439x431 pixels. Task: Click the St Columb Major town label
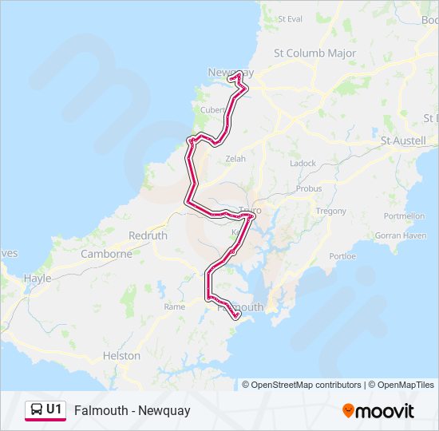click(x=314, y=53)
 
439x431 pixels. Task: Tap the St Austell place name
click(x=406, y=140)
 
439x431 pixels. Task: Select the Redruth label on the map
click(x=148, y=236)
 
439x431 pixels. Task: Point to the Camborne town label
click(x=106, y=255)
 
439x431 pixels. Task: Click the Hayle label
click(x=38, y=279)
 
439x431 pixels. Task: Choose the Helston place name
click(x=121, y=356)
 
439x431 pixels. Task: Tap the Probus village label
click(x=309, y=189)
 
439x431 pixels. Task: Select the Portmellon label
click(x=404, y=216)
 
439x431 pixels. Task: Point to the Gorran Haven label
click(x=400, y=236)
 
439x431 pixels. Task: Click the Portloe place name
click(x=342, y=257)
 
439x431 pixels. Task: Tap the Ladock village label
click(x=303, y=164)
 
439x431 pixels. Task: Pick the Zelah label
click(x=235, y=159)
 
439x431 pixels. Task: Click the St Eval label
click(x=289, y=18)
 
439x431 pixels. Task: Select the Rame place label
click(x=174, y=306)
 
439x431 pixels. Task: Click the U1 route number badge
click(x=53, y=410)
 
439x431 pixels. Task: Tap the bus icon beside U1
click(x=37, y=410)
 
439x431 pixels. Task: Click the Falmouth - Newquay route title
click(x=132, y=411)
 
